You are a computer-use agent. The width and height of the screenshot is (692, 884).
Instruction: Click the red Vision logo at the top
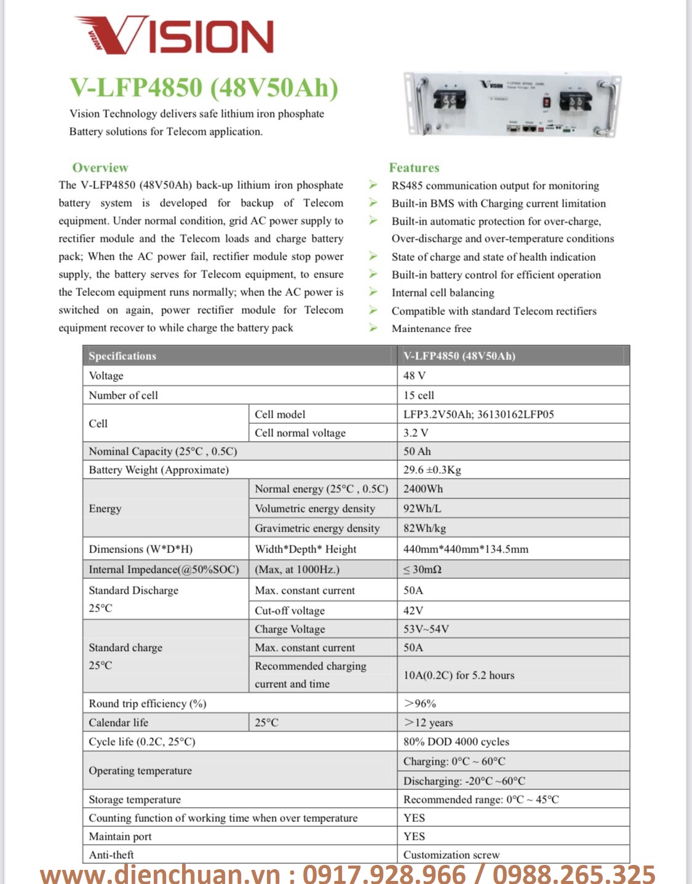tap(174, 35)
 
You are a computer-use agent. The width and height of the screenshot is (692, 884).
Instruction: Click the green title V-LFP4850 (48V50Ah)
tap(204, 87)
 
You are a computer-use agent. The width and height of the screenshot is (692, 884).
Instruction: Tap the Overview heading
tap(100, 167)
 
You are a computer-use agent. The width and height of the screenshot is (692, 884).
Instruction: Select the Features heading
tap(414, 167)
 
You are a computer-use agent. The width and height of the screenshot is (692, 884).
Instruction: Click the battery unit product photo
tap(512, 103)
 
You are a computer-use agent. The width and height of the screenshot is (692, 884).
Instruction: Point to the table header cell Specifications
tap(122, 356)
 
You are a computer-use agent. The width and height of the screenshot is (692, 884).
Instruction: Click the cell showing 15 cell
tap(419, 395)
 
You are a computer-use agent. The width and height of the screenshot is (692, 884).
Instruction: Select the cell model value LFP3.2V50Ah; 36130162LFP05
tap(479, 414)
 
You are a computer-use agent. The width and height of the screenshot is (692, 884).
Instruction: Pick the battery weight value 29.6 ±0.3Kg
tap(432, 469)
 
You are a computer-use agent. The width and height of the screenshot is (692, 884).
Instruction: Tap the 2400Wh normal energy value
tap(423, 488)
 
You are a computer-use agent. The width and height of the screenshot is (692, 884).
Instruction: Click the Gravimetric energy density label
tap(317, 528)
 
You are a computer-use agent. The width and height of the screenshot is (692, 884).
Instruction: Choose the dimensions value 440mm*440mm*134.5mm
tap(466, 549)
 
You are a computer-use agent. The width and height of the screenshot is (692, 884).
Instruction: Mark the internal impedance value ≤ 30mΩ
tap(423, 569)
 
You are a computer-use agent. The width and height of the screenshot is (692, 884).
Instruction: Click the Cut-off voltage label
tap(290, 610)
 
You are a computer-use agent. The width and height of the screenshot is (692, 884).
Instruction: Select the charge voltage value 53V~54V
tap(426, 629)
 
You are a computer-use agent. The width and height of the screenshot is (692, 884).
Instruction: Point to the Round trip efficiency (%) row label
tap(148, 703)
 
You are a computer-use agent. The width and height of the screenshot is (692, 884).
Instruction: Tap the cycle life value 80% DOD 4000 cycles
tap(456, 741)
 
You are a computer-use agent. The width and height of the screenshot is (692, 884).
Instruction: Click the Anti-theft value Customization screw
tap(451, 854)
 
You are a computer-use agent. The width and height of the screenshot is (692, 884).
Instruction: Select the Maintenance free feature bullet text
tap(431, 329)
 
